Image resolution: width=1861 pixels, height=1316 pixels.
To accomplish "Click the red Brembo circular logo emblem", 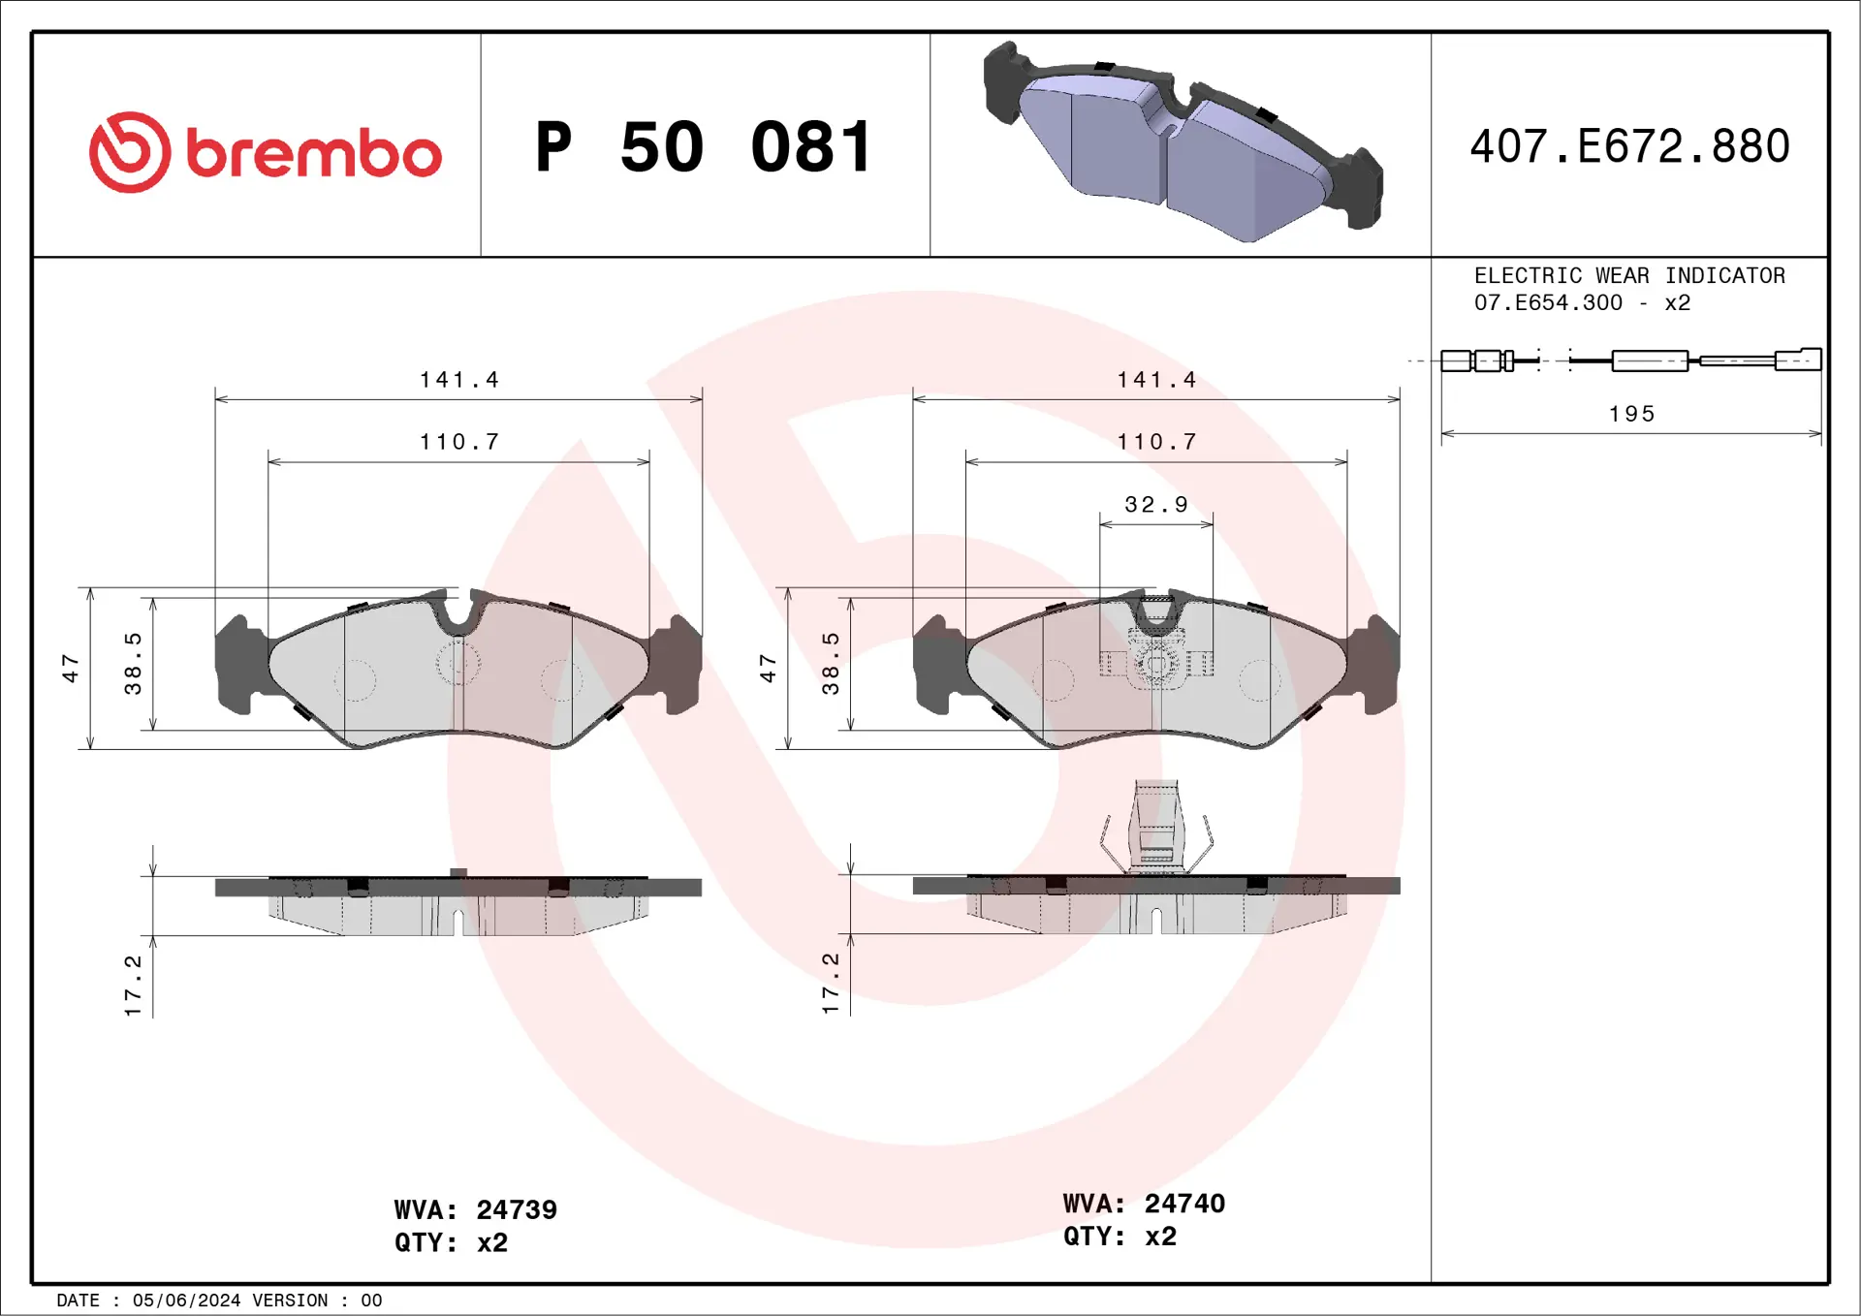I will coord(130,152).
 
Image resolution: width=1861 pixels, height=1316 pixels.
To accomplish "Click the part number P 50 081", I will coord(705,147).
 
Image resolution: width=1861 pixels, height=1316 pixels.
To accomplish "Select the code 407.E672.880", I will coord(1629,146).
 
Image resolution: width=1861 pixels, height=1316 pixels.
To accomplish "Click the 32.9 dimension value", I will coord(1155,505).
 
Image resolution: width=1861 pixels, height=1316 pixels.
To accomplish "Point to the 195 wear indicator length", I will coord(1632,414).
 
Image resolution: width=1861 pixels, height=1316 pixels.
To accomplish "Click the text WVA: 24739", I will coord(475,1209).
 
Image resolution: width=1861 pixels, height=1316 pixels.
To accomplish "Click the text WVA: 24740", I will coord(1144,1204).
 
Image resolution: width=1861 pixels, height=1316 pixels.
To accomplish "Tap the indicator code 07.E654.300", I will coord(1548,303).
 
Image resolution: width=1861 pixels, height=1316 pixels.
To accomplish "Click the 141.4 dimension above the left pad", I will coord(458,380).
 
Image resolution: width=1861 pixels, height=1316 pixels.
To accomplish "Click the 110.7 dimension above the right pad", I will coord(1156,442).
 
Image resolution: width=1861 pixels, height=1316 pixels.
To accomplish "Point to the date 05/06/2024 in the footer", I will coord(186,1300).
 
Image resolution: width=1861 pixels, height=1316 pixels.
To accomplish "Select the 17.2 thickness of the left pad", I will coord(133,985).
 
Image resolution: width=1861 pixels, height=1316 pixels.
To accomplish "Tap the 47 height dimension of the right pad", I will coord(768,668).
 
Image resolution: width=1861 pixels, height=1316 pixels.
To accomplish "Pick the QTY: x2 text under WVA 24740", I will coord(1120,1237).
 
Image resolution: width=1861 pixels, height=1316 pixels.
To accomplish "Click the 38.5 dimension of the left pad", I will coord(133,663).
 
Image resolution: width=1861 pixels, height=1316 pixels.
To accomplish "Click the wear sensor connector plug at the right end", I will coord(1797,360).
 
